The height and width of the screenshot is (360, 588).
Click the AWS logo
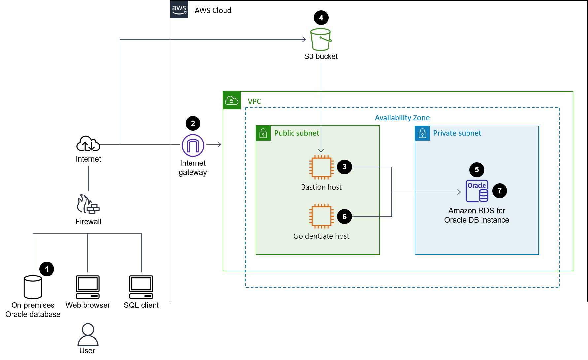coord(179,9)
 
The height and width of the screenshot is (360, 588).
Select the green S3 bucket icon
coord(321,40)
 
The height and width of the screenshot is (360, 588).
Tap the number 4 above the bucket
coord(321,18)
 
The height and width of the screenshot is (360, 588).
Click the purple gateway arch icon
coord(193,145)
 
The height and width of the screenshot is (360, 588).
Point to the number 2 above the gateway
coord(193,124)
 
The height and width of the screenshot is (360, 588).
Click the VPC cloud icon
coord(232,100)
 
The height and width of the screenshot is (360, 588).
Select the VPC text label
coord(254,101)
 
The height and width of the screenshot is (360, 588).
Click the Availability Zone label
coord(402,118)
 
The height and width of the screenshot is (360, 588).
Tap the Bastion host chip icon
coord(321,167)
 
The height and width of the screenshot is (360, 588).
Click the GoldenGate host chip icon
coord(321,216)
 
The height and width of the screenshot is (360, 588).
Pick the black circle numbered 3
coord(344,167)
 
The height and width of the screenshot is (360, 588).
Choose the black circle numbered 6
coord(344,217)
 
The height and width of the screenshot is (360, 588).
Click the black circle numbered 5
coord(477,170)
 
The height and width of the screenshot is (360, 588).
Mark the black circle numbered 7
coord(500,191)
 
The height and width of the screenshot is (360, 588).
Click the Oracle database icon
coord(477,191)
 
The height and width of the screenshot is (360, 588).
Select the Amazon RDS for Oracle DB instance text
coord(476,215)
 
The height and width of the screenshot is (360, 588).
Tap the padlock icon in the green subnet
coord(263,133)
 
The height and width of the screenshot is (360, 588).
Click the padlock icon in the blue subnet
coord(422,133)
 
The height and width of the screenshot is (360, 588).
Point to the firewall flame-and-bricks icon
coord(88,204)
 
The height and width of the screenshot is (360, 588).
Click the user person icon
coord(88,335)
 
